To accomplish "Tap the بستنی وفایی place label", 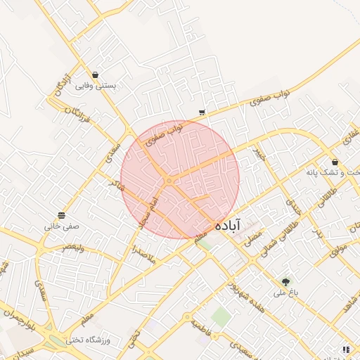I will point(95,86).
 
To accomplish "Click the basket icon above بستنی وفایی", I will point(95,75).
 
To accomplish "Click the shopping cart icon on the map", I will point(202,112).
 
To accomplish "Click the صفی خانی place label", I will point(62,226).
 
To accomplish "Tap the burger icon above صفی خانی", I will point(62,215).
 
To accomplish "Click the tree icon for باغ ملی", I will point(285,283).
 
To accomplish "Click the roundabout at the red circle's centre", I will point(169,181).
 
